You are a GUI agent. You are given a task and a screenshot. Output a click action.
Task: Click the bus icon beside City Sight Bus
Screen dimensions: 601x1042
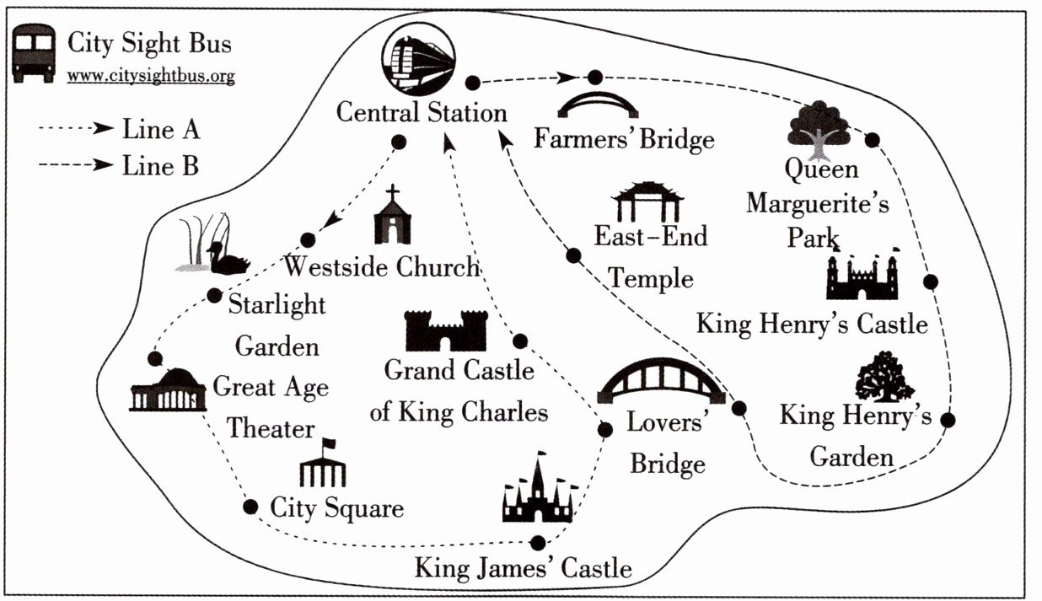pyautogui.click(x=35, y=52)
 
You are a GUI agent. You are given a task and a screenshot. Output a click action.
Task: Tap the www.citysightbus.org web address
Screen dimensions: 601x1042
pyautogui.click(x=151, y=76)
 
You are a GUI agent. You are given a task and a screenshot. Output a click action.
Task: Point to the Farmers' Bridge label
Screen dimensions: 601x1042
pyautogui.click(x=624, y=137)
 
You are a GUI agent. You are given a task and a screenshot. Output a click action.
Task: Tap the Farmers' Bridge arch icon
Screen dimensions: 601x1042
pyautogui.click(x=598, y=104)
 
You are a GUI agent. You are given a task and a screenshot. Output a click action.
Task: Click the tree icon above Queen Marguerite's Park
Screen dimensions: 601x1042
pyautogui.click(x=819, y=129)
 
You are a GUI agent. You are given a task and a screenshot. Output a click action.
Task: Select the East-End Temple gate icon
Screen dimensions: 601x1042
pyautogui.click(x=647, y=202)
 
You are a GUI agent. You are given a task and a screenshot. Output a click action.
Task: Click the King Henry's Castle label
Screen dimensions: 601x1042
pyautogui.click(x=812, y=324)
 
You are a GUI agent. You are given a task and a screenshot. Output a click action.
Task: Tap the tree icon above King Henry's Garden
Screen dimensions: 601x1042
pyautogui.click(x=884, y=378)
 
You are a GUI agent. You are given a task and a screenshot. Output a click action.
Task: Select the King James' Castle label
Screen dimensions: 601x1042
pyautogui.click(x=523, y=567)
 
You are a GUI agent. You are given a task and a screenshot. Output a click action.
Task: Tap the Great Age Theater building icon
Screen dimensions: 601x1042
pyautogui.click(x=168, y=390)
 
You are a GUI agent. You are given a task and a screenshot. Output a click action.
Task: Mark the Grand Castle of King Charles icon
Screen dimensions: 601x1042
pyautogui.click(x=446, y=330)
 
